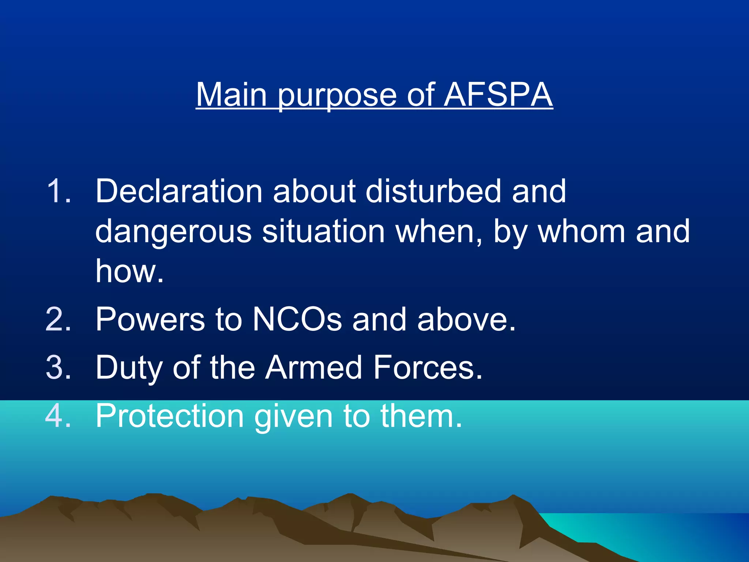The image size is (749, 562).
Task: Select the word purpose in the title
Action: tap(336, 96)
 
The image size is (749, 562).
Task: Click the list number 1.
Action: tap(58, 191)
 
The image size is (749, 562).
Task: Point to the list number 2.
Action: tap(58, 319)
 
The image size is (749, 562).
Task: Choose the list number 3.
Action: tap(58, 367)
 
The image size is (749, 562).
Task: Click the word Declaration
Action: tap(179, 191)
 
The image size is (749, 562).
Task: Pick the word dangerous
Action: tap(173, 232)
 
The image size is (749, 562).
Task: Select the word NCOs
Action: tap(297, 319)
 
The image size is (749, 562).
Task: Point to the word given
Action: tap(293, 416)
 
